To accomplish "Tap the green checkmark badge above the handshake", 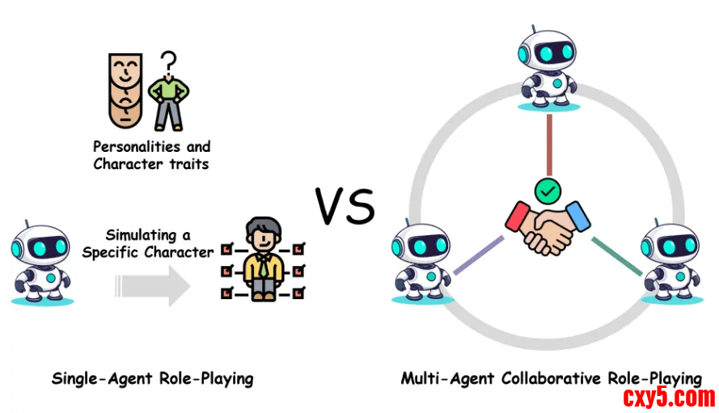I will pyautogui.click(x=548, y=191).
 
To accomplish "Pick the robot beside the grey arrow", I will pyautogui.click(x=41, y=260).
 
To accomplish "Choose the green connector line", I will pyautogui.click(x=616, y=256).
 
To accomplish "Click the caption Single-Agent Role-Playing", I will pyautogui.click(x=152, y=377).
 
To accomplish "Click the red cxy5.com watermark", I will pyautogui.click(x=669, y=397).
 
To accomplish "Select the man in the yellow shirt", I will pyautogui.click(x=263, y=258).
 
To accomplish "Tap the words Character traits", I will pyautogui.click(x=151, y=164).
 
